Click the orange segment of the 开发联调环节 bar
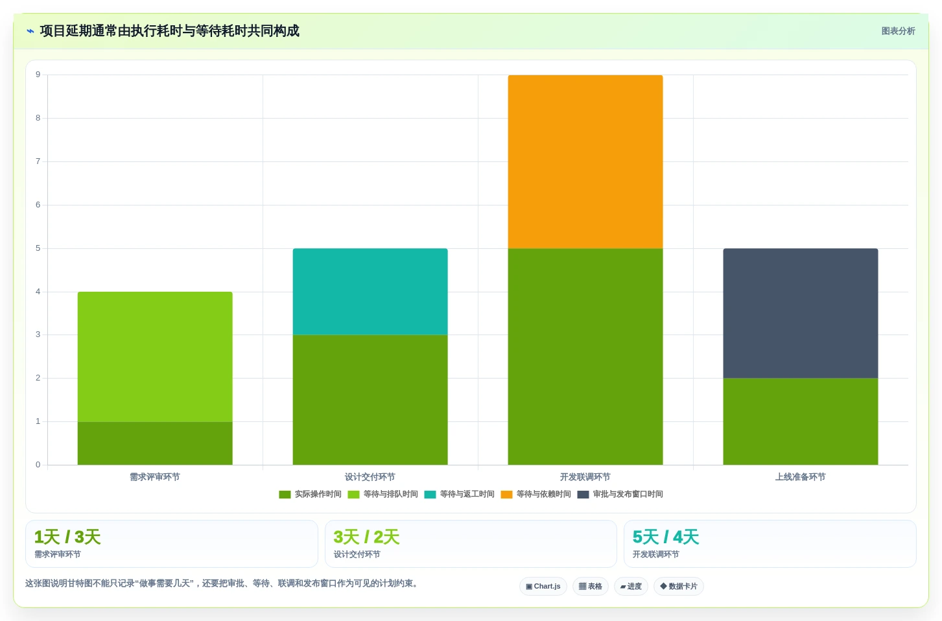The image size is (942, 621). pos(585,162)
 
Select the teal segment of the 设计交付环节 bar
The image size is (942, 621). pos(370,292)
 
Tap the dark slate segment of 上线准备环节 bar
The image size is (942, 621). pos(800,313)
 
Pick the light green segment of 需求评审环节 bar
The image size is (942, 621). pos(155,357)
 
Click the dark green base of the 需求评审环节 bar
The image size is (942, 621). pos(155,443)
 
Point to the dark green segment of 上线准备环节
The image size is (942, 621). pos(800,422)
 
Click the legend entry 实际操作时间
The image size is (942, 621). pos(310,494)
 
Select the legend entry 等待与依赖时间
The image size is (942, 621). pos(536,494)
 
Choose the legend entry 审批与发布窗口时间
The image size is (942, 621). pos(620,494)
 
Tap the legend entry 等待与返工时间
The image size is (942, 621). pos(459,494)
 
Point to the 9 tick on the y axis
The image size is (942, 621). pos(38,75)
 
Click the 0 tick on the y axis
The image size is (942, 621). pos(38,465)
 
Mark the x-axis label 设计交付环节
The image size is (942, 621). pos(370,477)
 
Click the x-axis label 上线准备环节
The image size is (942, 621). pos(800,477)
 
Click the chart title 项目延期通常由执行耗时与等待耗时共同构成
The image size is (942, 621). pos(169,30)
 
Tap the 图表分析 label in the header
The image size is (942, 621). pos(899,31)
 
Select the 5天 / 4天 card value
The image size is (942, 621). pos(665,537)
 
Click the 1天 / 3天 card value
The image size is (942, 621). pos(67,537)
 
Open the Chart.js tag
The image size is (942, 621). pos(543,586)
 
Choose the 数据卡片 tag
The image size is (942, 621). pos(678,586)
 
